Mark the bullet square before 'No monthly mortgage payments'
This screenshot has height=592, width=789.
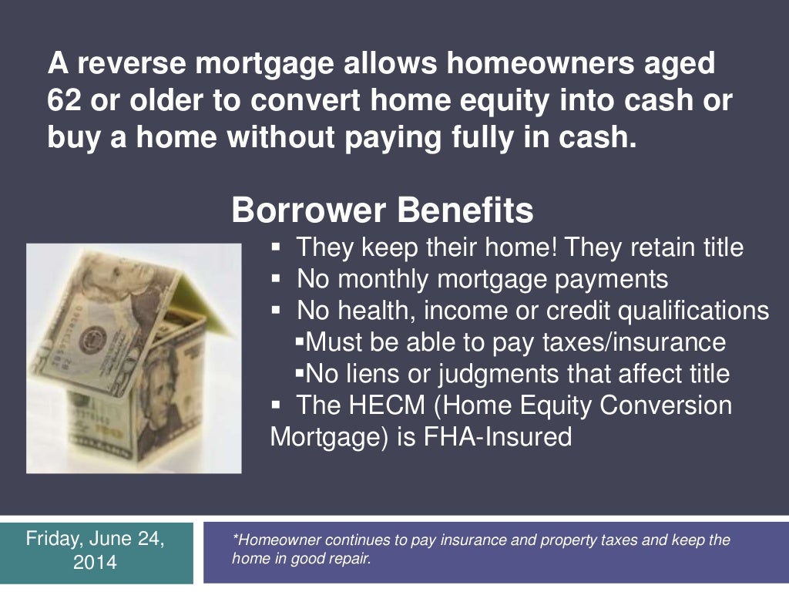click(x=277, y=278)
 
